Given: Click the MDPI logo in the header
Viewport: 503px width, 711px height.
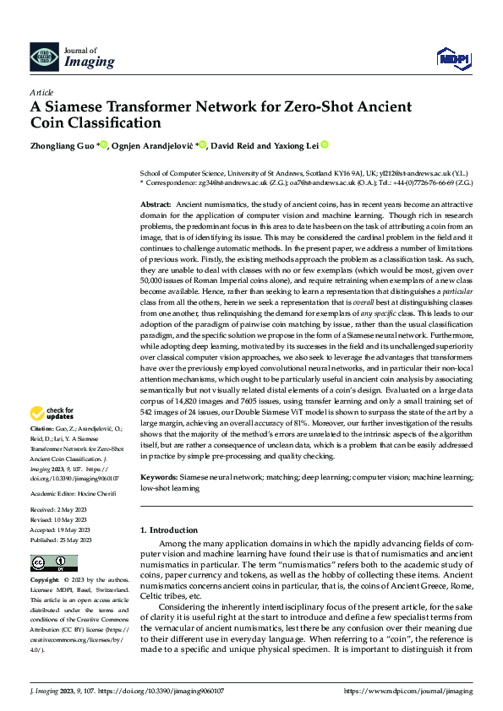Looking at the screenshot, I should (451, 57).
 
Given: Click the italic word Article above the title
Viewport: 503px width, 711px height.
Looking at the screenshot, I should (41, 92).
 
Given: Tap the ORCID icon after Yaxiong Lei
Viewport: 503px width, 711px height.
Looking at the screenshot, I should (323, 144).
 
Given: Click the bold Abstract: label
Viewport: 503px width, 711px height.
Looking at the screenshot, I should (156, 205).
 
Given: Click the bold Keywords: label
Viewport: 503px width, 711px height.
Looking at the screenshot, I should (158, 478).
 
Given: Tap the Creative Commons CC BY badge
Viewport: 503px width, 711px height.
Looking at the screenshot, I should (49, 563).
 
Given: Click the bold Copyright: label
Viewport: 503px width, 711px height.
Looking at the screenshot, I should (46, 581).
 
